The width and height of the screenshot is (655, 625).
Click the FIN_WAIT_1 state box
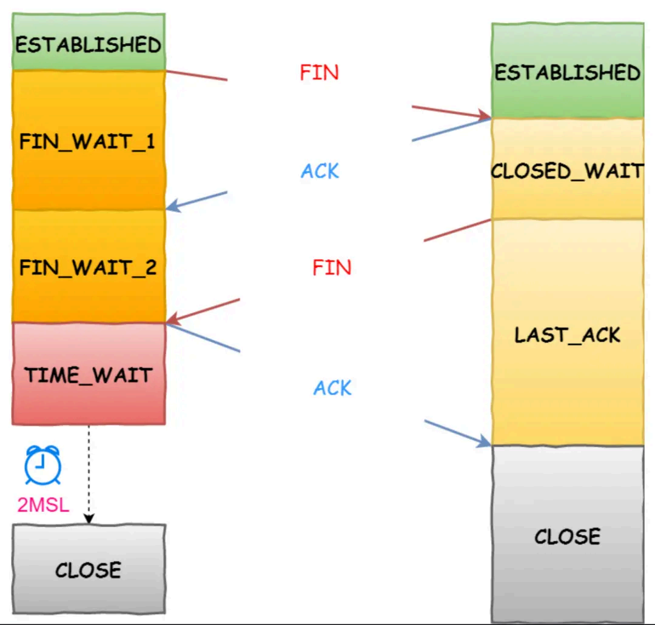[x=89, y=141]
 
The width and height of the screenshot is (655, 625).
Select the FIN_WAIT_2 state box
[x=89, y=267]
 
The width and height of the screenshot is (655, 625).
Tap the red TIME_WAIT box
[x=89, y=374]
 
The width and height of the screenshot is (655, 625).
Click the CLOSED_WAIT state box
[x=567, y=170]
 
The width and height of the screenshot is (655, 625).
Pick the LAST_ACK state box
[x=567, y=333]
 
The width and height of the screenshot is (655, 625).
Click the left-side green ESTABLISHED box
[x=89, y=42]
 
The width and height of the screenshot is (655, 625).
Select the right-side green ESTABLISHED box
[x=567, y=72]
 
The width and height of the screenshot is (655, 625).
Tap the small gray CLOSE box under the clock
[x=89, y=569]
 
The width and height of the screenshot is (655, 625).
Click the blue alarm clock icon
[x=42, y=466]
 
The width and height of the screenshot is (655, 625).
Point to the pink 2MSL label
[x=43, y=504]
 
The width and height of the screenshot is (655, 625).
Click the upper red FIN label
[x=319, y=73]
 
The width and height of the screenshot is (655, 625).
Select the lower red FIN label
[x=332, y=267]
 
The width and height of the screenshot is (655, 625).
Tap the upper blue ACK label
[x=320, y=172]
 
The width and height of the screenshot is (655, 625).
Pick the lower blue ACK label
[x=332, y=388]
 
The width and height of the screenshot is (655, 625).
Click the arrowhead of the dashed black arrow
[x=89, y=519]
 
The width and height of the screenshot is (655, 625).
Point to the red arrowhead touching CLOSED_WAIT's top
[x=484, y=115]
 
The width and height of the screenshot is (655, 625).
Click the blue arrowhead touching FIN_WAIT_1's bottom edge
[x=173, y=206]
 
